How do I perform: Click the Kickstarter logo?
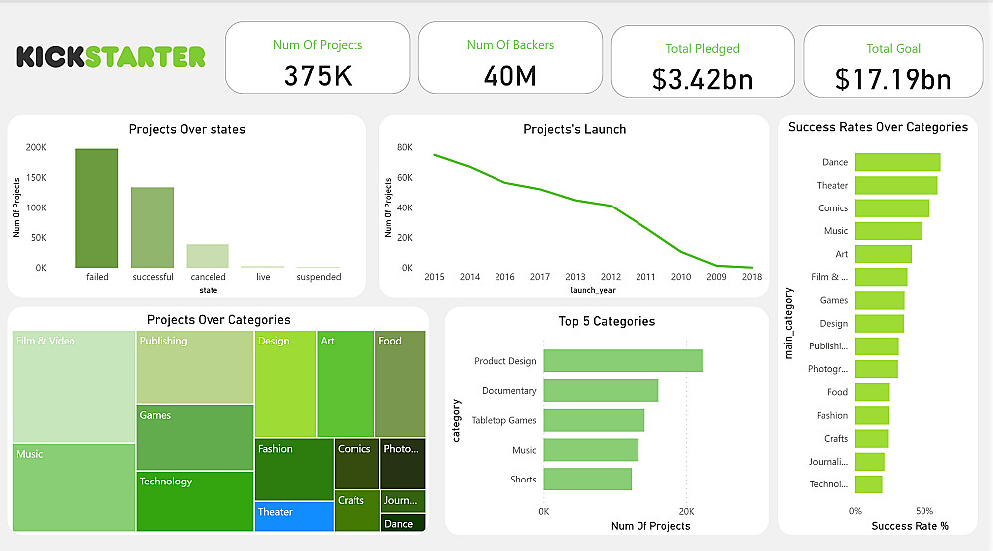click(110, 56)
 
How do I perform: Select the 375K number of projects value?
click(318, 75)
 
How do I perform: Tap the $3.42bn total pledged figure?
click(702, 79)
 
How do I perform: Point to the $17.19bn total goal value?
click(893, 79)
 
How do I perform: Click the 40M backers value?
click(509, 75)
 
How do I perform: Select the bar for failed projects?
click(97, 208)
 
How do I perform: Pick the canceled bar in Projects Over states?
click(208, 256)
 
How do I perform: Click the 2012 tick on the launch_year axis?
click(610, 277)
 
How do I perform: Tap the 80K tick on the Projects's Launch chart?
click(405, 147)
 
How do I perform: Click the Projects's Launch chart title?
click(574, 129)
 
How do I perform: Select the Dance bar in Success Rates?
click(898, 162)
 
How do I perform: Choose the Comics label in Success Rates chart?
click(833, 208)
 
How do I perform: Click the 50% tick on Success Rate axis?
click(924, 510)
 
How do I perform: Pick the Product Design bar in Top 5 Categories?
click(623, 361)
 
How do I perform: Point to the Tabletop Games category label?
click(503, 421)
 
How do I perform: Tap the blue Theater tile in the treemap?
click(294, 516)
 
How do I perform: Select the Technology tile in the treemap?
click(195, 501)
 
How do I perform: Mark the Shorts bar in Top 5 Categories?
click(587, 480)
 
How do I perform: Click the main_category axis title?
click(790, 323)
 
